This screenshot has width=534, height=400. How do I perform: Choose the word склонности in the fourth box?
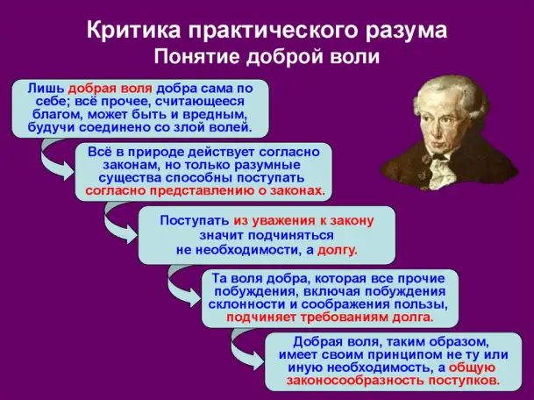[248, 304]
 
